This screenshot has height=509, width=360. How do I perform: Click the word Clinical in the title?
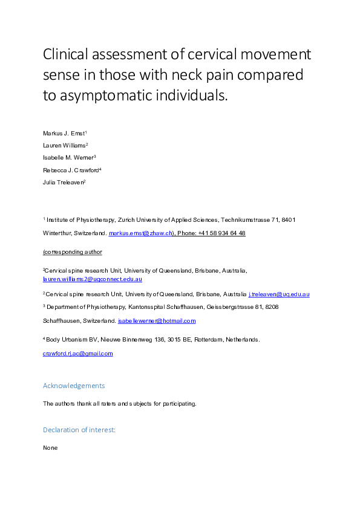pos(67,55)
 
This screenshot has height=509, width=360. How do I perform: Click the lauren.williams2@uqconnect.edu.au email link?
pos(92,279)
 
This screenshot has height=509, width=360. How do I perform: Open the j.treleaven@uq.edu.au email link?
pos(279,294)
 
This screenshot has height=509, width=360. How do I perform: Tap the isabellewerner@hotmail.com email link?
pos(157,320)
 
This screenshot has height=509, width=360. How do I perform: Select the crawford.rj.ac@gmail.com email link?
pos(77,354)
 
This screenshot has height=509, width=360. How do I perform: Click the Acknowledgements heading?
pos(73,386)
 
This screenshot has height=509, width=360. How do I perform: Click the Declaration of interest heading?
pos(79,430)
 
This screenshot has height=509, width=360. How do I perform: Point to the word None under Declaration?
pos(50,448)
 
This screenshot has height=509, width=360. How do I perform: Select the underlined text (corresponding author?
pos(72,252)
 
